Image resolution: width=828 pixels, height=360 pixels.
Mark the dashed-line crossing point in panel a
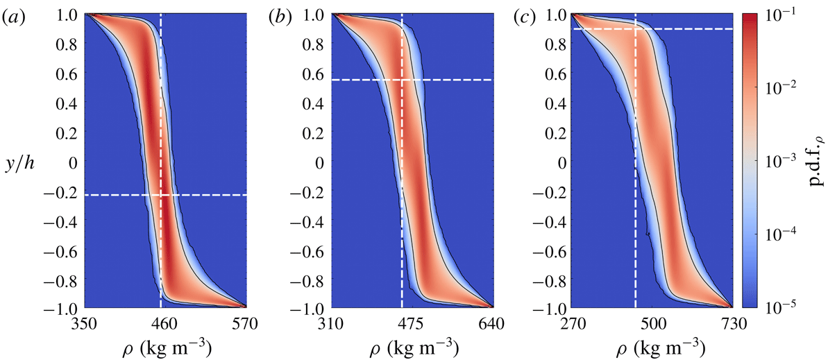pos(161,195)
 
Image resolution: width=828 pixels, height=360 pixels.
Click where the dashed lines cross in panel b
pos(402,80)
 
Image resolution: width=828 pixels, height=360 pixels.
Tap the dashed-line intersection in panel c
pos(636,28)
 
